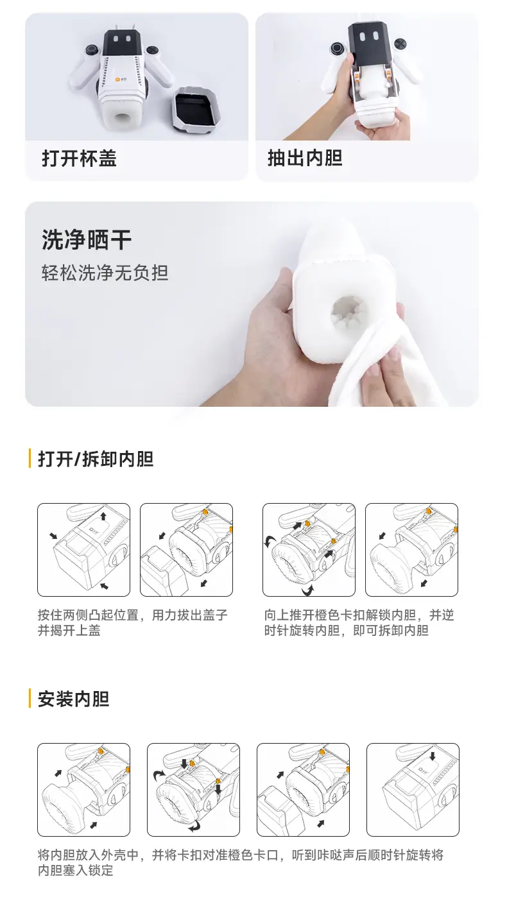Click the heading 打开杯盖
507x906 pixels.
[x=79, y=158]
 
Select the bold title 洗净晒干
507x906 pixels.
[x=86, y=240]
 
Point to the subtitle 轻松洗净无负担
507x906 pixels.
[x=105, y=273]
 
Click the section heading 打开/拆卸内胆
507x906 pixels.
[x=96, y=459]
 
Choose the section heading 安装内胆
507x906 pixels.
[x=73, y=699]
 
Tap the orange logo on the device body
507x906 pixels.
[x=118, y=81]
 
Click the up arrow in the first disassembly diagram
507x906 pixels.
[x=103, y=517]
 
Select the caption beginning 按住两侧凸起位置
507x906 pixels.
[x=132, y=622]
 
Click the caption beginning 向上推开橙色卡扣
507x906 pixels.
[x=359, y=622]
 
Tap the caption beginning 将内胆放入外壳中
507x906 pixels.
[x=240, y=862]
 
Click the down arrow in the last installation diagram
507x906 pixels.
[x=433, y=756]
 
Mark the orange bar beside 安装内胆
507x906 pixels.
[x=30, y=698]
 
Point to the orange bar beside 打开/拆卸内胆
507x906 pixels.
[x=30, y=459]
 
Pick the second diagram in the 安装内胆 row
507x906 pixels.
[x=193, y=789]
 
